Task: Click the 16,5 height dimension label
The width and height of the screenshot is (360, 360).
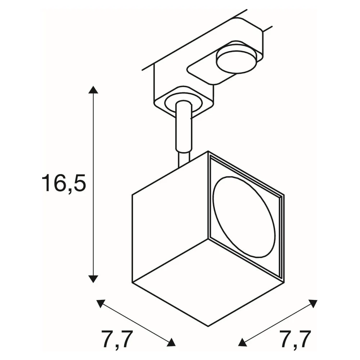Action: point(64,183)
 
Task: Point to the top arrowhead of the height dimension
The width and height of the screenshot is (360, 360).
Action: point(93,90)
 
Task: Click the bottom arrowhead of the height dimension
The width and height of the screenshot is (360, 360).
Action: point(93,279)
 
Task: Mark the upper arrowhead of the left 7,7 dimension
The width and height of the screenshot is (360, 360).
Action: point(101,303)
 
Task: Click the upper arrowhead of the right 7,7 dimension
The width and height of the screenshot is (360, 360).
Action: point(313,303)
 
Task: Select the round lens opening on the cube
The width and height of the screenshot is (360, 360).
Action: point(244,217)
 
